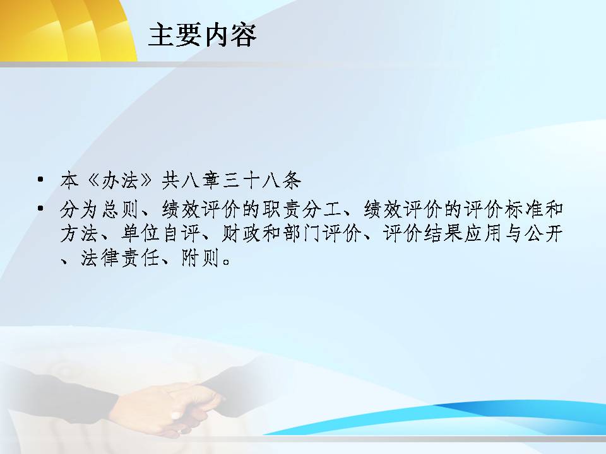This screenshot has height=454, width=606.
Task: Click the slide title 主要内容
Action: [x=202, y=35]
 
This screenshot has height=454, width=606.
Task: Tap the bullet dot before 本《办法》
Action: [x=40, y=179]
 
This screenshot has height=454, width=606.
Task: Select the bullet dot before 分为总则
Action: [x=40, y=209]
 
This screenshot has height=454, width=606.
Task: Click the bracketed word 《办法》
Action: [x=120, y=180]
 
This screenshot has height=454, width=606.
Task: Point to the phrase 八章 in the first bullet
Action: [x=200, y=180]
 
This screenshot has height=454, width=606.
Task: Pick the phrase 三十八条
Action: [x=261, y=180]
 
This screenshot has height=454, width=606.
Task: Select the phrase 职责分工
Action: [x=302, y=209]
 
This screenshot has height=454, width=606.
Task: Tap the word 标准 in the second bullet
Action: [x=523, y=209]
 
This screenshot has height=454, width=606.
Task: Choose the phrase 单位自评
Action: [x=160, y=233]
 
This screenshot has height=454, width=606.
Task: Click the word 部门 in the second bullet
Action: [x=302, y=233]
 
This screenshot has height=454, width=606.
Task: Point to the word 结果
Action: [x=443, y=233]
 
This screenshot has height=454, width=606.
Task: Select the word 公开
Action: [x=544, y=233]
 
